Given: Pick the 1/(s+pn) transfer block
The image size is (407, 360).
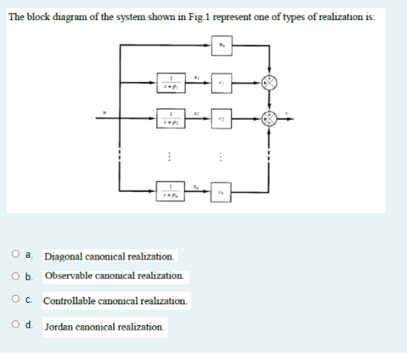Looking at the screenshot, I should [x=175, y=190].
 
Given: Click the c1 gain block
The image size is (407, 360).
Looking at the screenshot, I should [x=222, y=82].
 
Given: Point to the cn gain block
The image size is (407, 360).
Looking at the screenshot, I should [x=222, y=190].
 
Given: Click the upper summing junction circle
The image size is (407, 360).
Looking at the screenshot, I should [x=269, y=83].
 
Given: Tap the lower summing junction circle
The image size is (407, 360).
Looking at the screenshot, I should [x=269, y=118].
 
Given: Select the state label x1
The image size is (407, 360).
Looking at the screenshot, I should [x=197, y=75].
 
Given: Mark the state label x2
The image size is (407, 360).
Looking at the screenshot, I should [x=197, y=111].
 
